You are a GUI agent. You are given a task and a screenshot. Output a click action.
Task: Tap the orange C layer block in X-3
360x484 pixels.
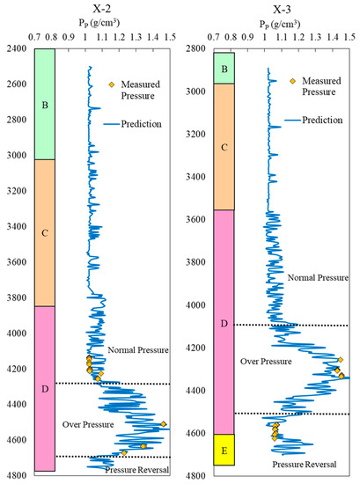tap(223, 146)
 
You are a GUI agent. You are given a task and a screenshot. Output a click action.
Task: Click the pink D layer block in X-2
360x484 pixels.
tap(45, 388)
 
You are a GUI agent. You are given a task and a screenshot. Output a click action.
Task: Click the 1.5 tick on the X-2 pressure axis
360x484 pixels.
tap(170, 37)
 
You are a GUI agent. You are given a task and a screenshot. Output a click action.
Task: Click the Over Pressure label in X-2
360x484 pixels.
tap(86, 425)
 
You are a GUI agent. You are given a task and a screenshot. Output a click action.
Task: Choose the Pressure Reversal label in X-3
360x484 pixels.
tap(304, 463)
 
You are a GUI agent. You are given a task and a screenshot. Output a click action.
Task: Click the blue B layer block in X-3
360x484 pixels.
tap(223, 69)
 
